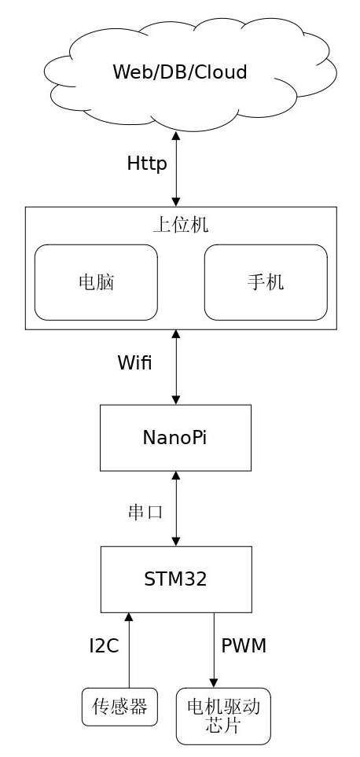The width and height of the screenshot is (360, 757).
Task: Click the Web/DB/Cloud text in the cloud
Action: pos(180,72)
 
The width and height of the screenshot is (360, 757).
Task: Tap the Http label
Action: pos(147,164)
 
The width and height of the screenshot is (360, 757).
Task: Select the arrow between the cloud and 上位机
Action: pos(175,169)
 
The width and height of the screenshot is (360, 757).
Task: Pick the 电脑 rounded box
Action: pos(96,282)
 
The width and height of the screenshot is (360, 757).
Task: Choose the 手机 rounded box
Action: pos(266,282)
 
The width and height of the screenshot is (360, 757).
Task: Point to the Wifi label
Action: pos(134,362)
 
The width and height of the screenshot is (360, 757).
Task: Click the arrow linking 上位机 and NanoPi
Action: pos(175,367)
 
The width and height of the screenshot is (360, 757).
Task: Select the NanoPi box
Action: pos(175,438)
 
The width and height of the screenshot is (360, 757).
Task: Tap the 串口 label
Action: pos(145,513)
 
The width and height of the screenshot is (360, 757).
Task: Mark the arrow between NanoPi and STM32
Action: pos(175,509)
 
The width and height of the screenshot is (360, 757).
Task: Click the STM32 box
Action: pos(176,579)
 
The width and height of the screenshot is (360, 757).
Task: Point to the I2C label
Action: pos(105,646)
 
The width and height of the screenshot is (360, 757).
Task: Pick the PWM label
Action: pos(244,646)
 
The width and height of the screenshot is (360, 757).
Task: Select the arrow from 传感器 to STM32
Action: pos(129,650)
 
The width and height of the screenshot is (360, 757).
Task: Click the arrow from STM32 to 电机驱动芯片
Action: pos(214,650)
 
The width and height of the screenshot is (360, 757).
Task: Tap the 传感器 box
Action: pos(119,707)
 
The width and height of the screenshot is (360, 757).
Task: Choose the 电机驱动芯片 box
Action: pos(223,716)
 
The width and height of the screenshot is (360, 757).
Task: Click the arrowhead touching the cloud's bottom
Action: pos(175,136)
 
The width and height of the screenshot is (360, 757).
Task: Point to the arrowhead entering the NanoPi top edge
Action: pos(175,400)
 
